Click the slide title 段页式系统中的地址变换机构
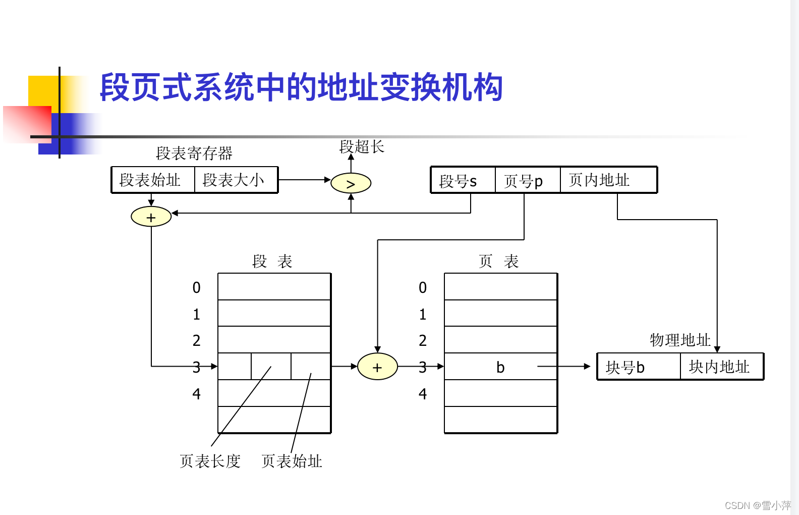click(301, 87)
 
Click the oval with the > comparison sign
click(351, 183)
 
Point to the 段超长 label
click(362, 147)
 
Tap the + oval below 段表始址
click(151, 217)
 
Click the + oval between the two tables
click(377, 367)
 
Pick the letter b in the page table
click(500, 367)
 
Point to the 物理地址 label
click(680, 340)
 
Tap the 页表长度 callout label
click(210, 461)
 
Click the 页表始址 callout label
click(292, 461)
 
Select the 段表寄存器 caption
click(194, 153)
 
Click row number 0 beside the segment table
click(196, 288)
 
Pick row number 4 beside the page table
click(423, 394)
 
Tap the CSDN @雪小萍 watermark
click(758, 505)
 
